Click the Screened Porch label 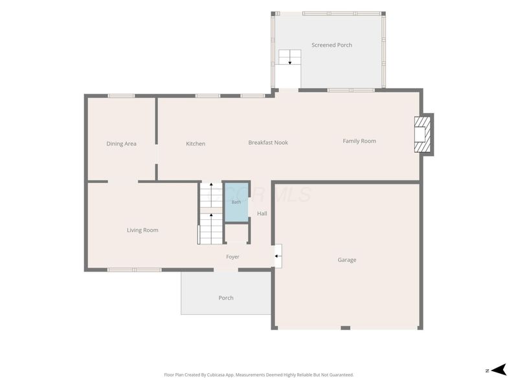click(x=332, y=45)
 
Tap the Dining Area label click(x=121, y=144)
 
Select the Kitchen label click(x=196, y=144)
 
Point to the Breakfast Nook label click(x=268, y=142)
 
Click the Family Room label click(x=359, y=141)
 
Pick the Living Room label click(x=142, y=230)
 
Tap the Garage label click(x=347, y=260)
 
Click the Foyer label click(x=232, y=257)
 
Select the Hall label click(x=262, y=213)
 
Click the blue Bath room click(x=236, y=202)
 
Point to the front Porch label click(x=226, y=298)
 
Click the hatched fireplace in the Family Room click(x=423, y=134)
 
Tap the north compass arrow click(x=499, y=369)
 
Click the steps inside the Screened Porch click(x=289, y=57)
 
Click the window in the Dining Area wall click(x=121, y=96)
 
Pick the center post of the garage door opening click(x=346, y=328)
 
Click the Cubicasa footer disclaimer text click(x=259, y=375)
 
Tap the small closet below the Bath click(x=236, y=233)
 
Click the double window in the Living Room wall click(x=135, y=270)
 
